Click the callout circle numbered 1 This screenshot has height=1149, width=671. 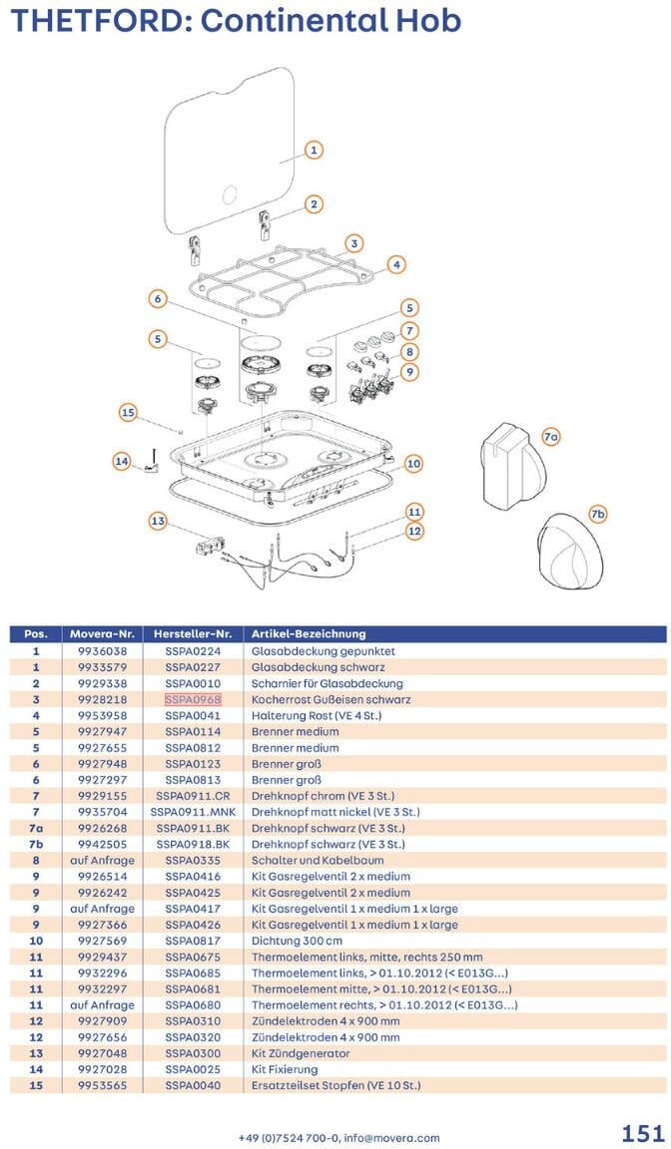(313, 150)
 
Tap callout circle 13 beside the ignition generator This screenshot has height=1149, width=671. (157, 521)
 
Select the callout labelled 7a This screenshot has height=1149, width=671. (550, 437)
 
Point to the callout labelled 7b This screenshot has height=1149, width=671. (598, 514)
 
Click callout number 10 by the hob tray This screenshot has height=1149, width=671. (413, 464)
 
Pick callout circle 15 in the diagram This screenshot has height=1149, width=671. (128, 412)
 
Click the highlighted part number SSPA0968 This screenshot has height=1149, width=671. (193, 699)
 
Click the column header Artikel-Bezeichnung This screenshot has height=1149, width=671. (309, 633)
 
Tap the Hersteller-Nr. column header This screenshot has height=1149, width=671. (193, 633)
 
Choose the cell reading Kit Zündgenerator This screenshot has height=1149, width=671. (301, 1053)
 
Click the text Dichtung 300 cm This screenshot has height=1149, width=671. (296, 941)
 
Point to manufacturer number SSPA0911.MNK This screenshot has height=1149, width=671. (193, 812)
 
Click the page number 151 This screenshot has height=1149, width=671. (642, 1133)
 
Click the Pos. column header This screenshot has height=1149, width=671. (36, 633)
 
